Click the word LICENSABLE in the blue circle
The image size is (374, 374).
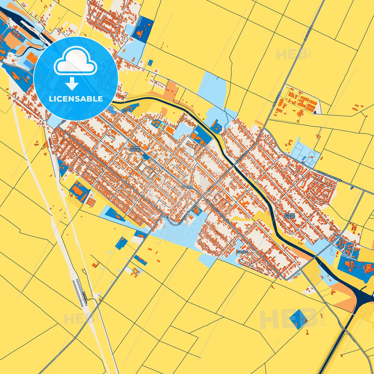point(76,99)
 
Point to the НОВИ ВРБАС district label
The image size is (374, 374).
point(135,149)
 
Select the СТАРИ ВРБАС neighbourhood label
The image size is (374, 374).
point(289,216)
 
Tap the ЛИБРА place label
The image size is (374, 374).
point(242,252)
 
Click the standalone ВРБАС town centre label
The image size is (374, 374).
point(187,186)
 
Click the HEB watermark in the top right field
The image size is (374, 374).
point(292,54)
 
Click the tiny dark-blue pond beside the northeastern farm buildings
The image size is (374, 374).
point(315,112)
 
